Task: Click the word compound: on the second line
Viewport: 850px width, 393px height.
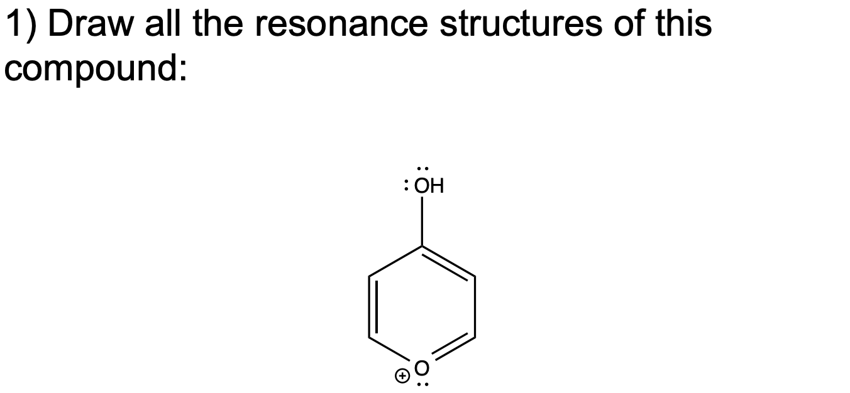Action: click(96, 68)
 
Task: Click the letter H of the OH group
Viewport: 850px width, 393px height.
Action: click(437, 186)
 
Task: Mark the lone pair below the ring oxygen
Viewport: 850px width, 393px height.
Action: click(422, 384)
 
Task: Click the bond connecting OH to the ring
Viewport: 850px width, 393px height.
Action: click(422, 220)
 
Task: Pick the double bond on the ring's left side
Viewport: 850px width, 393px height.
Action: click(373, 308)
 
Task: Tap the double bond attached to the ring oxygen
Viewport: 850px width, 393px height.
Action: click(453, 351)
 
